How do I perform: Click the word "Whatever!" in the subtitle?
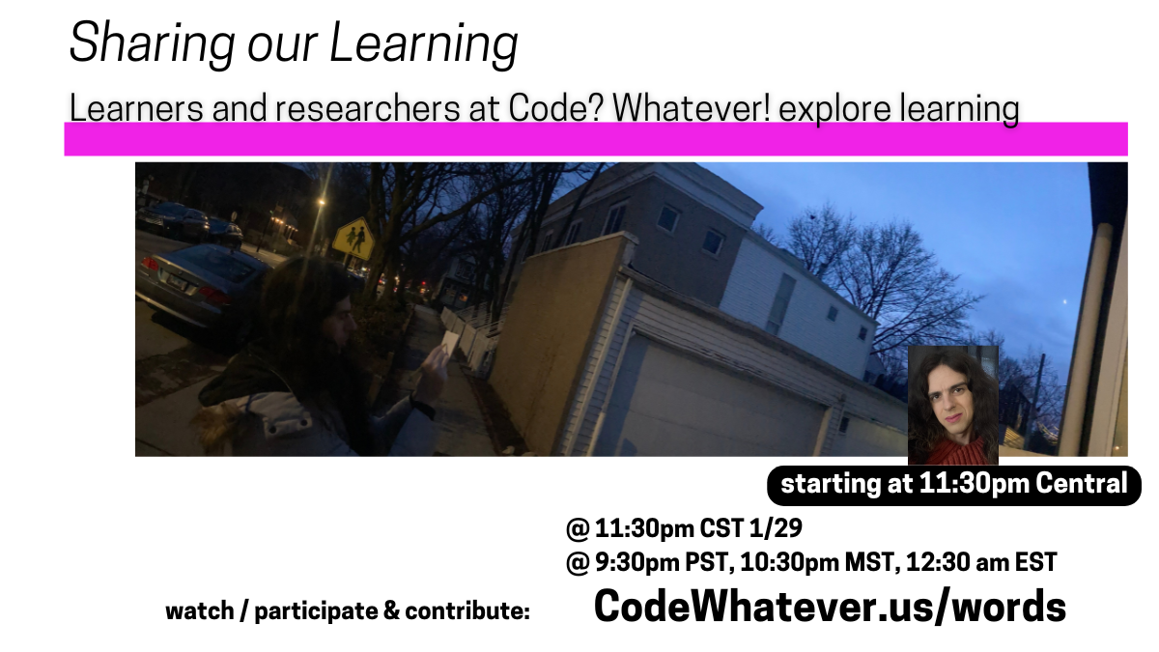coord(690,109)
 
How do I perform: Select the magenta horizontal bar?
coord(595,140)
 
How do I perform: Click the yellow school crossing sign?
coord(353,238)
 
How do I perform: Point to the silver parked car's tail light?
coord(151,265)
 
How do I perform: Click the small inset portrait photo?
coord(952,406)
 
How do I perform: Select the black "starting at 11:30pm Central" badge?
coord(953,484)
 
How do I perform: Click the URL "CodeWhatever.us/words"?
coord(830,607)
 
